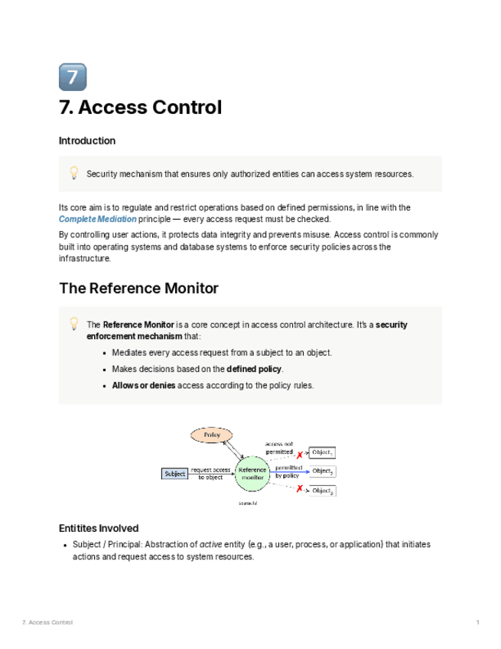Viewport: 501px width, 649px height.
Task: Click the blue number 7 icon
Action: (x=73, y=77)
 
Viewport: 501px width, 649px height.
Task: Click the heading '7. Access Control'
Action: (x=140, y=108)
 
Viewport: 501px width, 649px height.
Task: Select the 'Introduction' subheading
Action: (x=87, y=141)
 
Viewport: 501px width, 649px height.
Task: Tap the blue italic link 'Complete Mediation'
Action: (x=97, y=219)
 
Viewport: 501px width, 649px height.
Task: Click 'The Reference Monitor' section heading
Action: (x=138, y=289)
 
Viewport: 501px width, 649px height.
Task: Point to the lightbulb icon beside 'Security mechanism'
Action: (x=74, y=173)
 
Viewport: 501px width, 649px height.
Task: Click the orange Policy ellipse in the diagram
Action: (x=212, y=435)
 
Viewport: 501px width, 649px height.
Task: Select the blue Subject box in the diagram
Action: (x=174, y=474)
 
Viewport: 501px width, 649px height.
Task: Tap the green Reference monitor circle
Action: (x=252, y=474)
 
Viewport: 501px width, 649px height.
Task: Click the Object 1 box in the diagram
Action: (x=321, y=452)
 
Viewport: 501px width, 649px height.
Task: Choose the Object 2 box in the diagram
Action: (x=322, y=471)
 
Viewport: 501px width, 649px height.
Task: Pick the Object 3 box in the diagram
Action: (x=322, y=491)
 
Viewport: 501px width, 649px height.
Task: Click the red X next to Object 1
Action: (x=299, y=455)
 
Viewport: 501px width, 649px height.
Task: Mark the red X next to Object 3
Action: (x=299, y=488)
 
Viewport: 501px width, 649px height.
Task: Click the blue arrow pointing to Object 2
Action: (x=291, y=472)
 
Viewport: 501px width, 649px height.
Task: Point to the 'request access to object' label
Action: (x=210, y=474)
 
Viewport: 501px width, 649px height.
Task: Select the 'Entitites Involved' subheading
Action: (x=99, y=528)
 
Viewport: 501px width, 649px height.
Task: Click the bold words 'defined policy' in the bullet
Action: (x=254, y=369)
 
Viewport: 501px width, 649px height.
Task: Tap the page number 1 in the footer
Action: (x=478, y=622)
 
